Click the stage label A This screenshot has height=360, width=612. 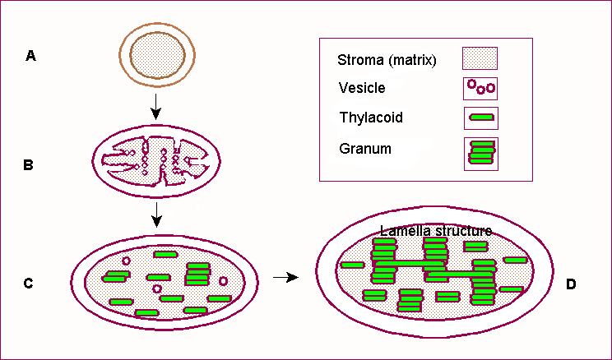(x=31, y=56)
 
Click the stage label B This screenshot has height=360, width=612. (x=29, y=164)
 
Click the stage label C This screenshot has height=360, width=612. (x=28, y=284)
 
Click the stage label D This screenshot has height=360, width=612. (x=573, y=284)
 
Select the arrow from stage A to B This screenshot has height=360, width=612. (x=156, y=105)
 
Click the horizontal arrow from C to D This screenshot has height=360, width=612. (x=285, y=278)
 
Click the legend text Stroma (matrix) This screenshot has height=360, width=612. (x=387, y=60)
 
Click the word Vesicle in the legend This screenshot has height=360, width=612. (x=362, y=87)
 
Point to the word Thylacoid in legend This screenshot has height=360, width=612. (x=371, y=118)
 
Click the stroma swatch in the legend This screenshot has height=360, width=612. (x=480, y=58)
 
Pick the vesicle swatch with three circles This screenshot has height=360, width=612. (x=480, y=87)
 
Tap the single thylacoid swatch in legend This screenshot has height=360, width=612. (x=481, y=118)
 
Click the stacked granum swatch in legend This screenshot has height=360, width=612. (x=481, y=154)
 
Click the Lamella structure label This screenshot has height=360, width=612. (x=436, y=232)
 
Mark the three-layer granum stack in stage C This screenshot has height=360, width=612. (x=198, y=274)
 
